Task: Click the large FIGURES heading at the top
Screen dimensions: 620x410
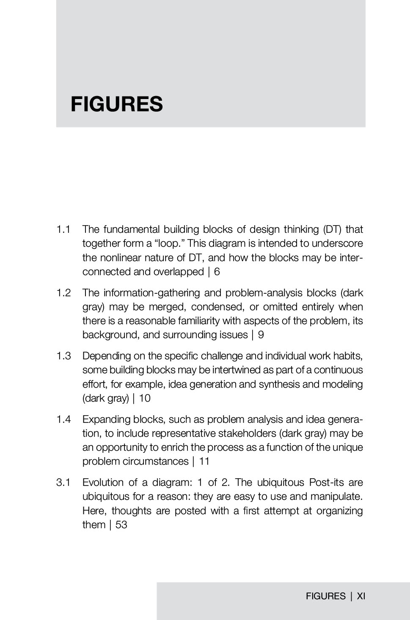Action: [116, 104]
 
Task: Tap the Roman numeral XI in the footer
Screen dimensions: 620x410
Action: [361, 596]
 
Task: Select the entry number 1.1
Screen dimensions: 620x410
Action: [63, 229]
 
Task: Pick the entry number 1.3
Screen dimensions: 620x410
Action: [63, 356]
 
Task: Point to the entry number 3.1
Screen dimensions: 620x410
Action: [63, 482]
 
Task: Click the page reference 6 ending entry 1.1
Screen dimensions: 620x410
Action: [217, 272]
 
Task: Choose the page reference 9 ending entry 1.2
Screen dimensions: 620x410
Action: [261, 335]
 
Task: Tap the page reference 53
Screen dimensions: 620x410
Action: [121, 525]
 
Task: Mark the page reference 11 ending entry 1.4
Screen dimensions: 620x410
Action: [204, 461]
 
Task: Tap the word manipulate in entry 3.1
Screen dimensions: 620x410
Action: [336, 496]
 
